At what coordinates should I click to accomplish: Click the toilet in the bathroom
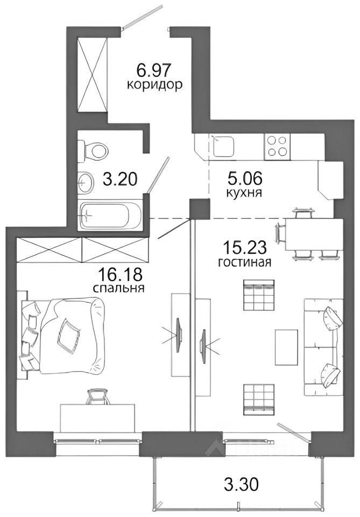pos(94,151)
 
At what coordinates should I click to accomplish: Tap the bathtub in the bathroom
pos(110,215)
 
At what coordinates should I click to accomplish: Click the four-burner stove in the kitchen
pos(277,145)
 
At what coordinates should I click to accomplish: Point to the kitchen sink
pos(223,146)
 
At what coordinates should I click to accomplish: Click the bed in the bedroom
pos(62,336)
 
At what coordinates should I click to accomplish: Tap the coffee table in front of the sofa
pos(286,347)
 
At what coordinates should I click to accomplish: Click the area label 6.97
pos(154,70)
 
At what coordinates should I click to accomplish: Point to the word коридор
pos(154,86)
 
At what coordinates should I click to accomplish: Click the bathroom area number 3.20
pos(119,179)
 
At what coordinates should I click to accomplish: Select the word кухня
pos(244,193)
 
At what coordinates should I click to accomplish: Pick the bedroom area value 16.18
pos(120,274)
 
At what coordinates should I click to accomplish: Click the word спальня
pos(119,289)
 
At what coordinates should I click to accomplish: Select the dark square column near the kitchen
pos(199,209)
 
